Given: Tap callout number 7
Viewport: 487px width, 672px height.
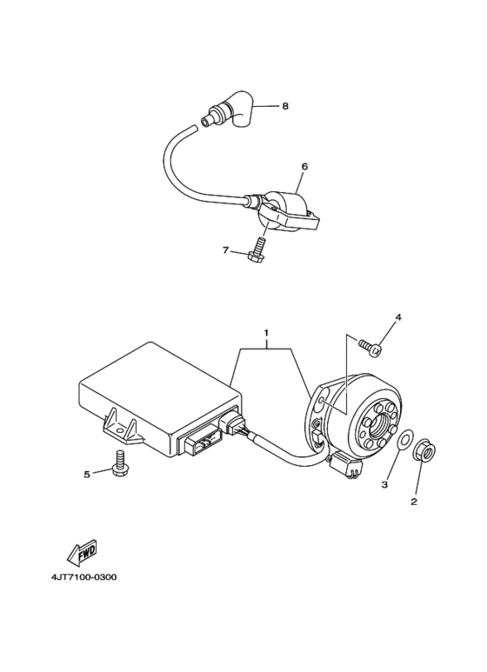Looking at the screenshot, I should [225, 250].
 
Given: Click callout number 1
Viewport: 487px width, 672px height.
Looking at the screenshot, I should [268, 334].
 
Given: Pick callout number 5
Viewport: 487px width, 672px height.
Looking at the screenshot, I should [87, 474].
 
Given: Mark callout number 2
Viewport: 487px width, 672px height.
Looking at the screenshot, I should [414, 502].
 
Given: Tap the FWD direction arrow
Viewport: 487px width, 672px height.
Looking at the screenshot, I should [80, 551].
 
